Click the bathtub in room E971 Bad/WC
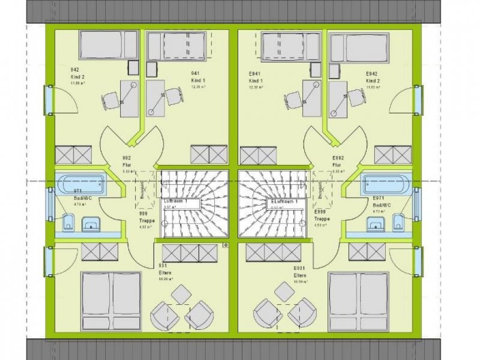click(386, 184)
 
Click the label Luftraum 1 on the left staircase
click(176, 203)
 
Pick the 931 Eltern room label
click(165, 272)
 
